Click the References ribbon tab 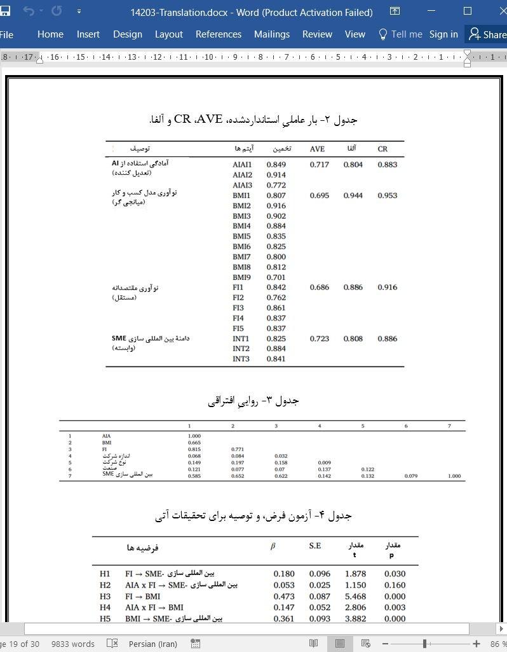pos(218,34)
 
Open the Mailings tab pos(271,34)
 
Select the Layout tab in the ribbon pos(168,34)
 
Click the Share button pos(487,34)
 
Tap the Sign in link pos(443,34)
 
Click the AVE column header pos(317,149)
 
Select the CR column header pos(382,149)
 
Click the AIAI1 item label pos(242,165)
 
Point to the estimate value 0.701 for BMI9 pos(276,277)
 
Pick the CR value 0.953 pos(387,195)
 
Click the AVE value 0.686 pos(319,288)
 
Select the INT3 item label pos(241,359)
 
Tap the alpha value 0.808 pos(353,339)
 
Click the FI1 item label pos(238,288)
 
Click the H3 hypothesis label pos(105,597)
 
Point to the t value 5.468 pos(355,597)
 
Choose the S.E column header pos(315,546)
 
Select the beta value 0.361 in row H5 pos(283,619)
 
